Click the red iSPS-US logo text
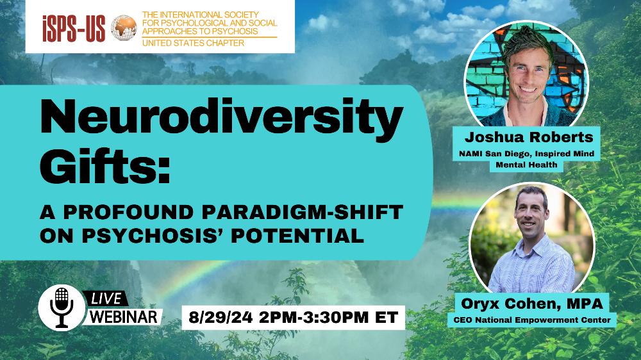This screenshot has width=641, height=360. pyautogui.click(x=74, y=28)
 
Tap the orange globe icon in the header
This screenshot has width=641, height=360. pyautogui.click(x=124, y=28)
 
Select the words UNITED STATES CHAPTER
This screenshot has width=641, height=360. pyautogui.click(x=193, y=43)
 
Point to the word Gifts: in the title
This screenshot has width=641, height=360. pyautogui.click(x=105, y=165)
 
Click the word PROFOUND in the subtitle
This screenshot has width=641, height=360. pyautogui.click(x=128, y=212)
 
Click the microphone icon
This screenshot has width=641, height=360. pyautogui.click(x=62, y=307)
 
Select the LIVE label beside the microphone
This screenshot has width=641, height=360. pyautogui.click(x=106, y=299)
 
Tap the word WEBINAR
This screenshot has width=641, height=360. pyautogui.click(x=124, y=316)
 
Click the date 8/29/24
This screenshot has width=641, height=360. pyautogui.click(x=221, y=317)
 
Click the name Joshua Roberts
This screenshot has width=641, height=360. pyautogui.click(x=529, y=137)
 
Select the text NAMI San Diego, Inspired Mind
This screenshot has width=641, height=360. pyautogui.click(x=526, y=154)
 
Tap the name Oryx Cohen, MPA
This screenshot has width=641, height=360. pyautogui.click(x=532, y=304)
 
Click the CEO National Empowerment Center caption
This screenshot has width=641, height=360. pyautogui.click(x=532, y=320)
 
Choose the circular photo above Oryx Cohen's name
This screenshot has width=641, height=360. pyautogui.click(x=532, y=240)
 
